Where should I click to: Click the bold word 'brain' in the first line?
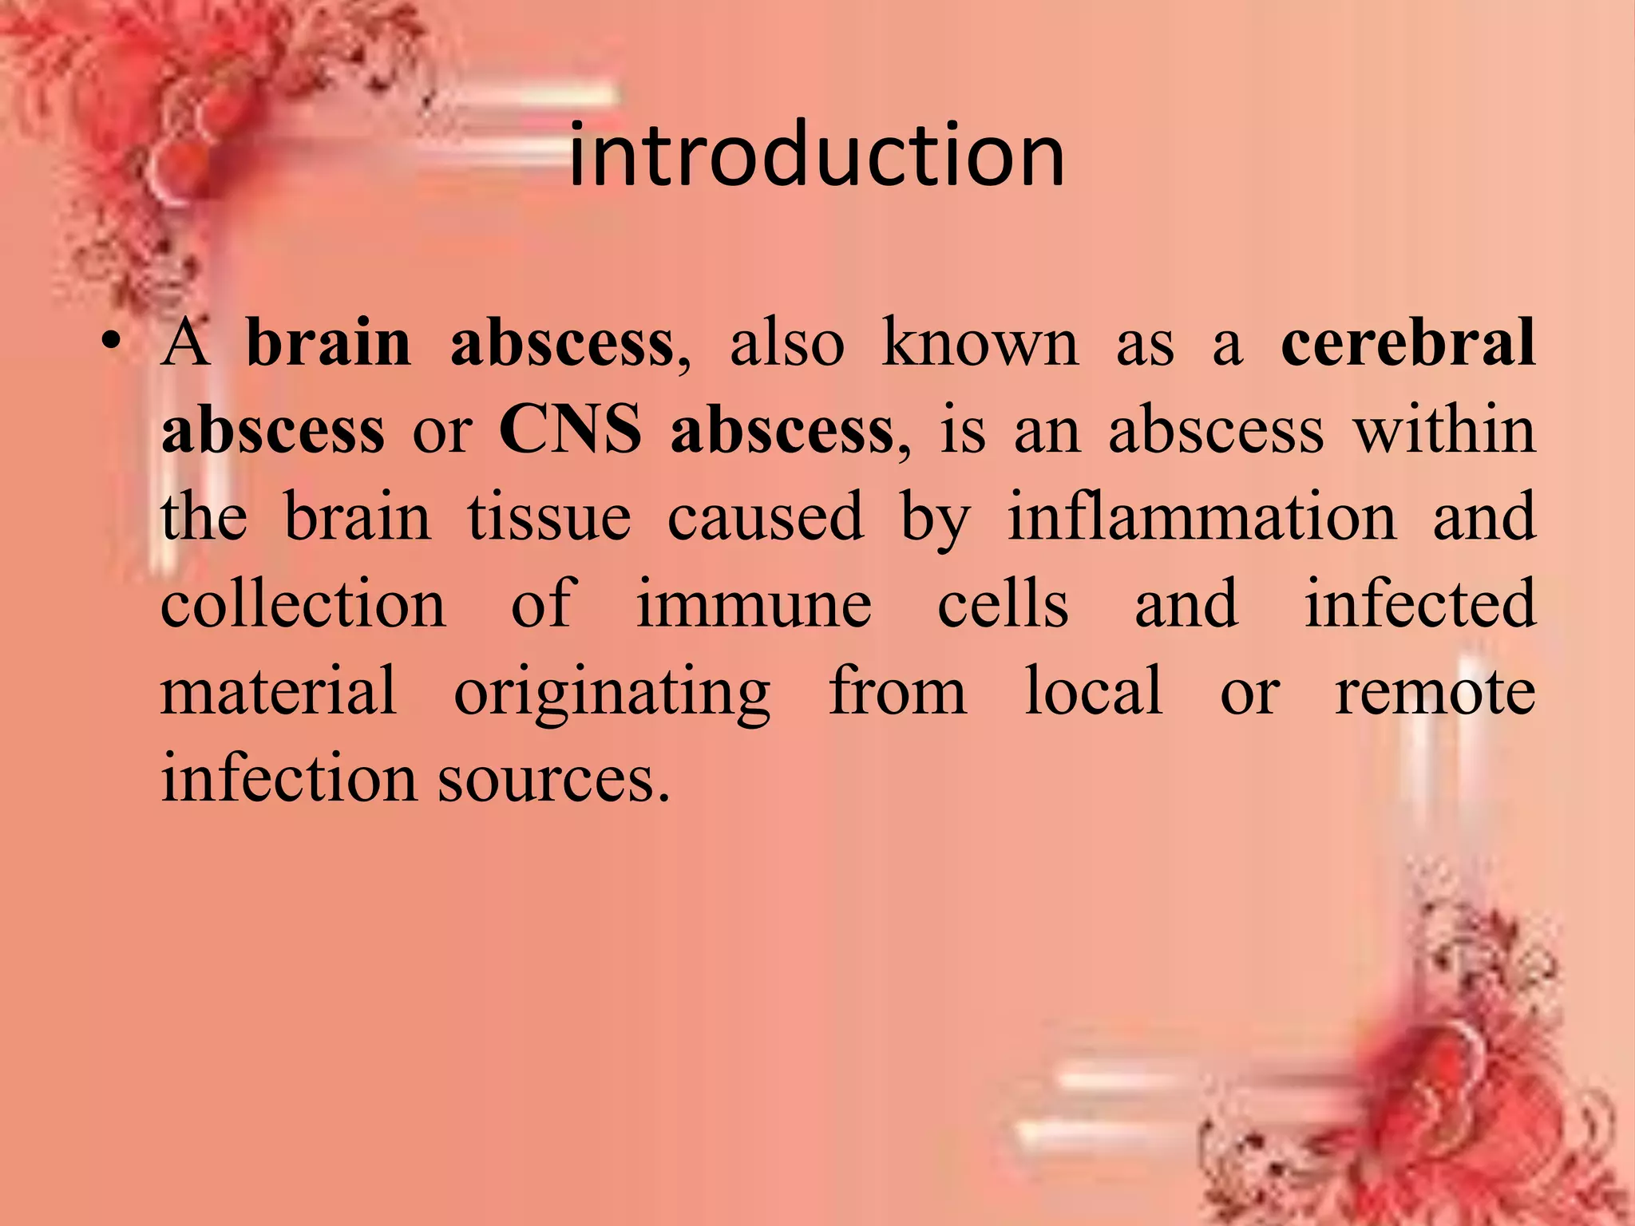(328, 343)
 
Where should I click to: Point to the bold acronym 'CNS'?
(570, 430)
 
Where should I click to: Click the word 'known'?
(980, 343)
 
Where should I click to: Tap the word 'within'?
(1443, 430)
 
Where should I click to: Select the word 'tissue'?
(549, 517)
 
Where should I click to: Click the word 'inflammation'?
(1202, 517)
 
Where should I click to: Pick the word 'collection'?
(303, 604)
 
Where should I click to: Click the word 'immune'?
(754, 604)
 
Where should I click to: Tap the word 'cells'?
(1003, 604)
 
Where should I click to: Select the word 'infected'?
(1419, 604)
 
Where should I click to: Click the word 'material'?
(279, 691)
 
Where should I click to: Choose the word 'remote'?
(1435, 691)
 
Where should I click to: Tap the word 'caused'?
(766, 517)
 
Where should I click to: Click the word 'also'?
(787, 343)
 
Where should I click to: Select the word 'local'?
(1094, 691)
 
